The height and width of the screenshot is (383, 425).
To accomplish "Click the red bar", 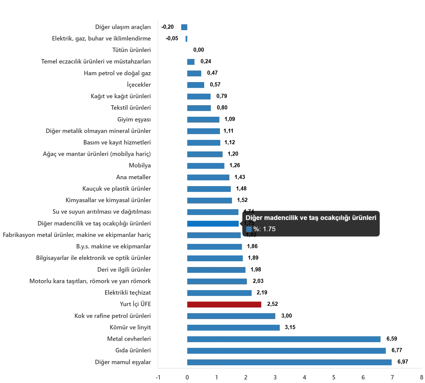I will pyautogui.click(x=224, y=304).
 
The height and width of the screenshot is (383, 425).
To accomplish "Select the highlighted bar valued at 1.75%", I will pyautogui.click(x=213, y=224).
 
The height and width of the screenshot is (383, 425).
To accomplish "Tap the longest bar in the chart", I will pyautogui.click(x=289, y=362).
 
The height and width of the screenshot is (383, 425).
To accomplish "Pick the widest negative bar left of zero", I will pyautogui.click(x=183, y=27).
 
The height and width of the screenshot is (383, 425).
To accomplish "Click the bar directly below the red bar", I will pyautogui.click(x=231, y=316).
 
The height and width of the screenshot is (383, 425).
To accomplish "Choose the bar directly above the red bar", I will pyautogui.click(x=219, y=293).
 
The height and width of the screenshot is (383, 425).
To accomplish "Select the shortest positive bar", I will pyautogui.click(x=190, y=61).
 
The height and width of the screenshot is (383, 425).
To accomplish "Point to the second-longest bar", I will pyautogui.click(x=286, y=350).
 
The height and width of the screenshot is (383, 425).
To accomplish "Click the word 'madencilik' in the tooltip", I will pyautogui.click(x=281, y=218).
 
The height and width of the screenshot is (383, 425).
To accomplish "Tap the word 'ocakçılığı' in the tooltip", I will pyautogui.click(x=334, y=218).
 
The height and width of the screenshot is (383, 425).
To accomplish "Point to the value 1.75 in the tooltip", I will pyautogui.click(x=269, y=229).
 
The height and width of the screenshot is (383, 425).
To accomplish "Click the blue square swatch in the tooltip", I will pyautogui.click(x=249, y=229).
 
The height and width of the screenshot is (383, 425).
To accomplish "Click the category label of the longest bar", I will pyautogui.click(x=123, y=362).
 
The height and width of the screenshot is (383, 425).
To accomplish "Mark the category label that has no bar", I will pyautogui.click(x=131, y=50).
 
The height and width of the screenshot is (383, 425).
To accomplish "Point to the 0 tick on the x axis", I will pyautogui.click(x=188, y=378).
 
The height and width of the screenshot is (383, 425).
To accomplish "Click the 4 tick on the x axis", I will pyautogui.click(x=305, y=378).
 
